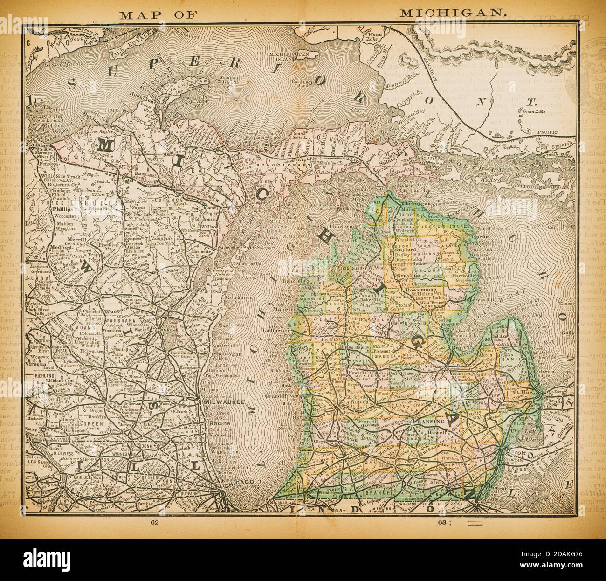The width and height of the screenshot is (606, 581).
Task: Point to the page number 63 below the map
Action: tap(443, 522)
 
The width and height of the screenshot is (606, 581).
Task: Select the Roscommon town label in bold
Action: tap(421, 290)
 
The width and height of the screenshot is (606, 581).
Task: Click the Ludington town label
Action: tap(277, 333)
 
